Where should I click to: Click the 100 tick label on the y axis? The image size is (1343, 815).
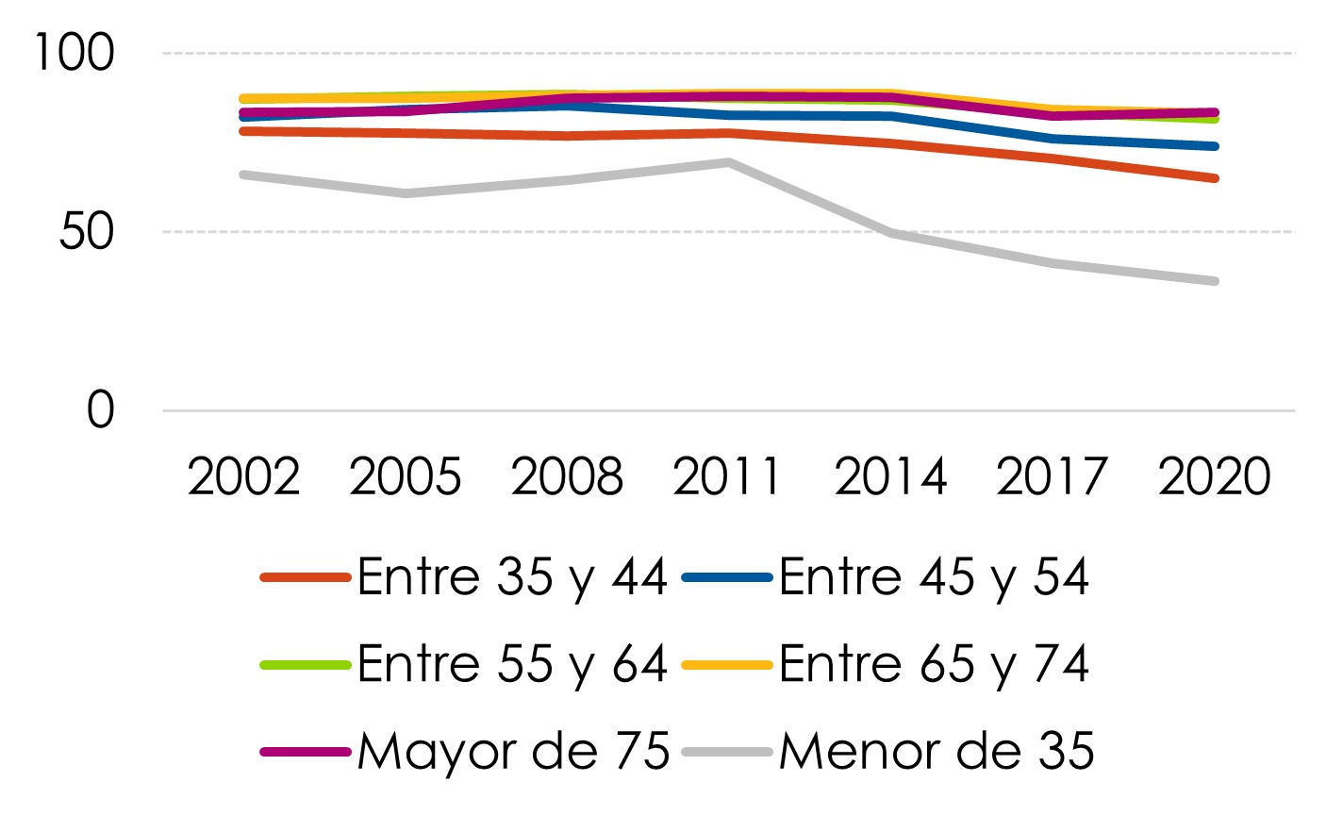pyautogui.click(x=75, y=53)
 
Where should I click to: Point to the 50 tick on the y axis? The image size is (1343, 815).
pyautogui.click(x=87, y=232)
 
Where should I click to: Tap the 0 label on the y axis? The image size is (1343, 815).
pyautogui.click(x=100, y=410)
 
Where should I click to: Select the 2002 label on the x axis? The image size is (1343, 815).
pyautogui.click(x=243, y=476)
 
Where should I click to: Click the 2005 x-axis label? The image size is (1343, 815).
pyautogui.click(x=406, y=476)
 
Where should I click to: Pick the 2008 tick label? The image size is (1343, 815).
pyautogui.click(x=567, y=476)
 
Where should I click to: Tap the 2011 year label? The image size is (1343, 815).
pyautogui.click(x=726, y=476)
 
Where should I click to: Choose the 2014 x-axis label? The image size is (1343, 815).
pyautogui.click(x=891, y=476)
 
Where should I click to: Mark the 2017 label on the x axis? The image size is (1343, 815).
pyautogui.click(x=1052, y=476)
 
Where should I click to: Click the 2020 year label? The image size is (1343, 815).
pyautogui.click(x=1214, y=476)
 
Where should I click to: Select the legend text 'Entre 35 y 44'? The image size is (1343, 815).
pyautogui.click(x=512, y=577)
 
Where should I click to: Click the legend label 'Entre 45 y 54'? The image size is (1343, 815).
pyautogui.click(x=934, y=577)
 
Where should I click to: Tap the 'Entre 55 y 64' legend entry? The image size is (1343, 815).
pyautogui.click(x=512, y=664)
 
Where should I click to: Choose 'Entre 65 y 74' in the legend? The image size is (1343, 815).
pyautogui.click(x=934, y=664)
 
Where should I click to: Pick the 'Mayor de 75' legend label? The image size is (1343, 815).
pyautogui.click(x=513, y=752)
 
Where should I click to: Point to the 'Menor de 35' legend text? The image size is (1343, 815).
pyautogui.click(x=937, y=752)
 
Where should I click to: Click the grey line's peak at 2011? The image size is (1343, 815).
pyautogui.click(x=728, y=162)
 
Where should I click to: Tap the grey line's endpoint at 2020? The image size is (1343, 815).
pyautogui.click(x=1214, y=281)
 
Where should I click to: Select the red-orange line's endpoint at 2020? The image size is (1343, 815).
pyautogui.click(x=1214, y=178)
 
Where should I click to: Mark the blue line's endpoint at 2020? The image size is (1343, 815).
pyautogui.click(x=1214, y=146)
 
